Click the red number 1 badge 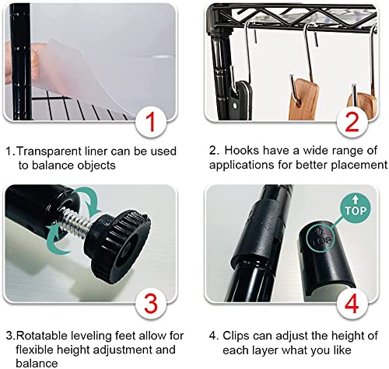[x=150, y=122]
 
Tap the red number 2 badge [x=352, y=122]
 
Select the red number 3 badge [x=151, y=303]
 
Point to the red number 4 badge [x=352, y=303]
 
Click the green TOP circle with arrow [x=356, y=208]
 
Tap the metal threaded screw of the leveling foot [x=75, y=219]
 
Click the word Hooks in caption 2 [x=241, y=151]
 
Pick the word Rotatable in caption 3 [x=42, y=336]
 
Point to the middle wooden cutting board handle [x=303, y=99]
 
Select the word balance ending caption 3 [x=37, y=363]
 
